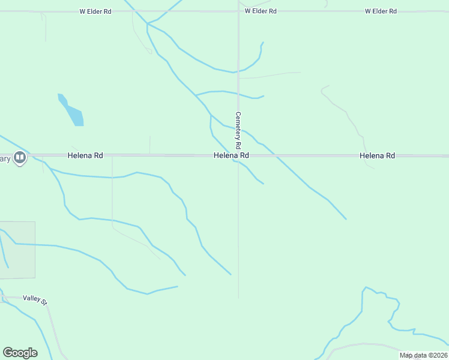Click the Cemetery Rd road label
tap(238, 130)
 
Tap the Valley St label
tap(35, 299)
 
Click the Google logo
tap(20, 353)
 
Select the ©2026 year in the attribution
tap(438, 355)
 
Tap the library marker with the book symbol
tap(20, 158)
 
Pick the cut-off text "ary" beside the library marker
tap(5, 158)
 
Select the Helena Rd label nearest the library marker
tap(85, 155)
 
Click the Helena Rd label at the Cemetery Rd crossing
tap(231, 155)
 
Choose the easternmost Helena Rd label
tap(377, 155)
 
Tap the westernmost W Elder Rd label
tap(96, 11)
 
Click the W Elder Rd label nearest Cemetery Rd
tap(261, 11)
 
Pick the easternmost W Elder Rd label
tap(381, 11)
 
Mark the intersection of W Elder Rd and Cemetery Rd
tap(238, 11)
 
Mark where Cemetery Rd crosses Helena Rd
tap(238, 155)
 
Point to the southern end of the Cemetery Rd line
tap(238, 297)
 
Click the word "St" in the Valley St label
tap(43, 300)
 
